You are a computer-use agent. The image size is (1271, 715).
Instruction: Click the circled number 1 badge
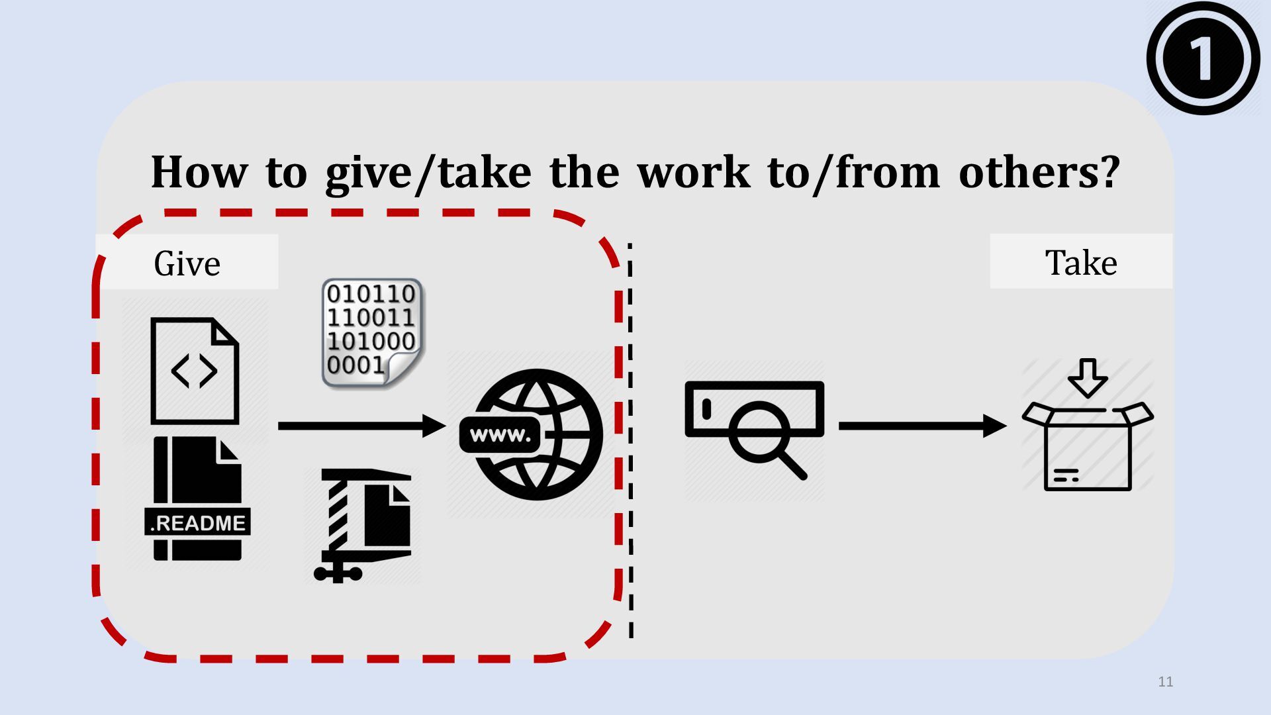click(1203, 58)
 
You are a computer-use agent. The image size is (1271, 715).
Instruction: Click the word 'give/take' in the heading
click(428, 173)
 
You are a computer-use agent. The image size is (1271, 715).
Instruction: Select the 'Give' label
click(187, 263)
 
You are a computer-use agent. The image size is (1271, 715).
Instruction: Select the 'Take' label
click(1081, 263)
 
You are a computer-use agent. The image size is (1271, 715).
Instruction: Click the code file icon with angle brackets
click(194, 371)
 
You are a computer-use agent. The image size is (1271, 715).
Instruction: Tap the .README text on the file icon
click(197, 523)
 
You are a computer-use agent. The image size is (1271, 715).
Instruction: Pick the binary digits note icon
click(372, 333)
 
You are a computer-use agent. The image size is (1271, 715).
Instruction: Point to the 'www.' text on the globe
click(500, 435)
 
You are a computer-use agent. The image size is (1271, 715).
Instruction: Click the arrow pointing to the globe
click(361, 426)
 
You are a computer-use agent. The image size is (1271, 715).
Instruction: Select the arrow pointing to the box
click(921, 426)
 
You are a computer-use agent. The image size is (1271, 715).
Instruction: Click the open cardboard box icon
click(1088, 446)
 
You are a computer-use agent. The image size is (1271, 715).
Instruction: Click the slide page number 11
click(1166, 682)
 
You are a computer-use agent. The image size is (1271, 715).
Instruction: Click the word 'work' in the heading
click(694, 173)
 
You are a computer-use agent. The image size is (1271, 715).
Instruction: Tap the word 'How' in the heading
click(199, 173)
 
